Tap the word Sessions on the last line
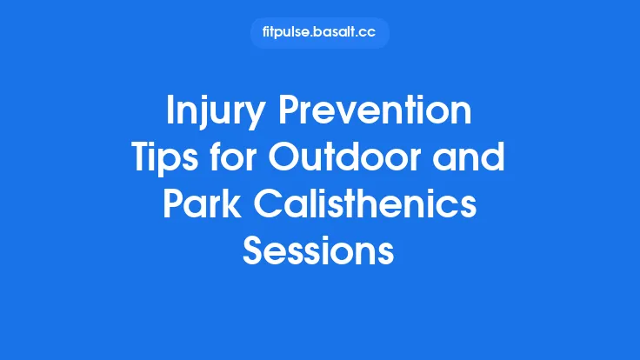point(319,252)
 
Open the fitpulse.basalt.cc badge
point(319,33)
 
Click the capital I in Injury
point(170,113)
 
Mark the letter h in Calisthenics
point(379,206)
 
